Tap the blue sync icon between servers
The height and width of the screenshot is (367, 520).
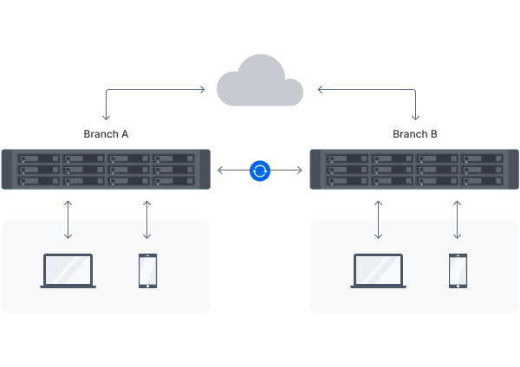point(260,171)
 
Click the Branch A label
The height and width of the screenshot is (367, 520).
point(107,134)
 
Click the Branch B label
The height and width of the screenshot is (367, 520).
point(415,134)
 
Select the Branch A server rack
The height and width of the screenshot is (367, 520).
point(106,171)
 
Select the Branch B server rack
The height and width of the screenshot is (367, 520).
point(414,171)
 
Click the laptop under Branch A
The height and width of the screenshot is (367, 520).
point(68,271)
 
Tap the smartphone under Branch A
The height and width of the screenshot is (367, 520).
point(147,270)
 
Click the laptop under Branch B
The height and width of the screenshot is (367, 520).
point(378,271)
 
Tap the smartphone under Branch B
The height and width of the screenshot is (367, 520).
point(457,270)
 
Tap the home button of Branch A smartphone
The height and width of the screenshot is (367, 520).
point(147,285)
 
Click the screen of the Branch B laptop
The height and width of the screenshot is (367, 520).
point(378,268)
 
